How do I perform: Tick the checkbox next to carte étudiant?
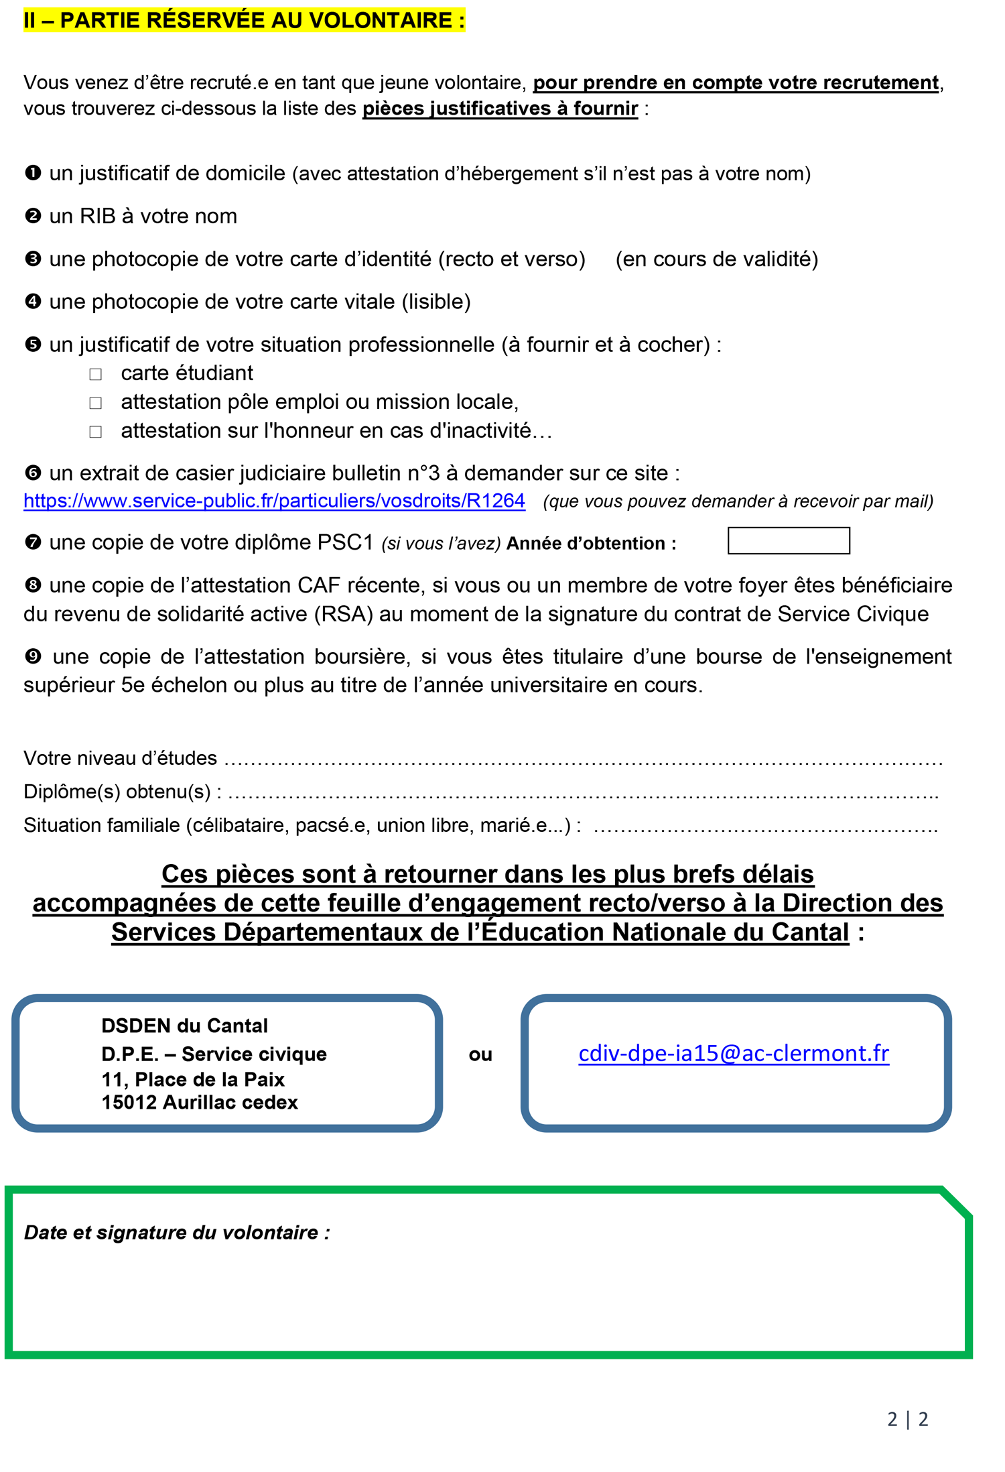96,374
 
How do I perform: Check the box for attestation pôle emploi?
96,403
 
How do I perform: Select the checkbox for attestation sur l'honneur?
96,432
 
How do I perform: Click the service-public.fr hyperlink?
274,501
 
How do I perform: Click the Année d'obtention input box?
788,541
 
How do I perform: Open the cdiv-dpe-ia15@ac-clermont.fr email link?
733,1053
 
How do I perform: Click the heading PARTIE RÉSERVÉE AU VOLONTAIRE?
244,20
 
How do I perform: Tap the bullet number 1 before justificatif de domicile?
33,174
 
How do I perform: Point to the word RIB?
97,216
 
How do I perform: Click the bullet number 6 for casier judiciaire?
33,473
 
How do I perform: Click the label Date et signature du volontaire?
177,1232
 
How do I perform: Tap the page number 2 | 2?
907,1418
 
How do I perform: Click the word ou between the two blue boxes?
480,1054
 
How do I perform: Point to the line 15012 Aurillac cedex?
199,1102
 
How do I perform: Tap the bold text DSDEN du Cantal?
184,1026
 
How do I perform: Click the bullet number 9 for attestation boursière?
33,656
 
